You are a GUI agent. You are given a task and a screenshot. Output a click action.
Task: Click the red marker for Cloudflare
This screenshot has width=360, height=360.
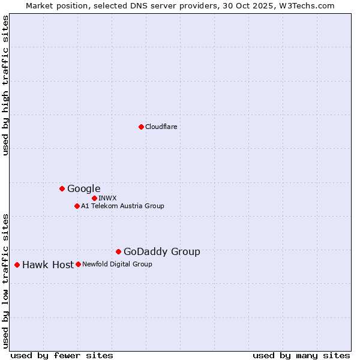coord(141,127)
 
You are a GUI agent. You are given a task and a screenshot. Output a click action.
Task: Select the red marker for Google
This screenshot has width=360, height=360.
coord(62,188)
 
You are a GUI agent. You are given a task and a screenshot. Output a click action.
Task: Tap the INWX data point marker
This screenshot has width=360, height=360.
coord(94,198)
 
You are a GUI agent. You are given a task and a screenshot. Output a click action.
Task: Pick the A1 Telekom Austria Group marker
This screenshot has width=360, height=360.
coord(77,206)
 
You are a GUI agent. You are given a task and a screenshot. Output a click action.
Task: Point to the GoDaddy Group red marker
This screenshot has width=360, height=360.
coord(118,251)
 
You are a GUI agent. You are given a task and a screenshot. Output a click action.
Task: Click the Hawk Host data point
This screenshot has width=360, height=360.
coord(17,265)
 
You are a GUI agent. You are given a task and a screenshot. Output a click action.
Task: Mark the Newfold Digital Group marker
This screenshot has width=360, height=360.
coord(78,264)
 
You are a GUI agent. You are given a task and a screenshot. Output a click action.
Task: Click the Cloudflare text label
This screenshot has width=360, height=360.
coord(161,127)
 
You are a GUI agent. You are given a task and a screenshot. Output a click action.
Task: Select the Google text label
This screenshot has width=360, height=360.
coord(83,188)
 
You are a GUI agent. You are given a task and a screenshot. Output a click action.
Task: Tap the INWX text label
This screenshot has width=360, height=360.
coord(107,198)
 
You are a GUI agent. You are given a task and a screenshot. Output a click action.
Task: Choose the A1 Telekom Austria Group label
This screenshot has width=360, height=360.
coord(122,206)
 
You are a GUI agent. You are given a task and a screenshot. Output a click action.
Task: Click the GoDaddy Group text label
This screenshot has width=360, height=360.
coord(161,252)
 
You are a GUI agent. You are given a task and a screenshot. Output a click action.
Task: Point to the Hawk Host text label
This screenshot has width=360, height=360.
coord(48,265)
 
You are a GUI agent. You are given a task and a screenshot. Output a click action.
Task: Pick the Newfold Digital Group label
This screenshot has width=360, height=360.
coord(117,264)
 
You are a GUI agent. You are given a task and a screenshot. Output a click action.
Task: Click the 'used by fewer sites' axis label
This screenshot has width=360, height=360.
coord(62,355)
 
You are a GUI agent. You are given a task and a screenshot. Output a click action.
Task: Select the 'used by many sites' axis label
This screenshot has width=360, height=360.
coord(301,355)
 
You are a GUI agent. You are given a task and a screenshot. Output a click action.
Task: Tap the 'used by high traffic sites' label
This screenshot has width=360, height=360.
coord(6,85)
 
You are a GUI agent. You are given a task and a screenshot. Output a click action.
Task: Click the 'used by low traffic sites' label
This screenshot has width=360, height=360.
coord(6,281)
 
